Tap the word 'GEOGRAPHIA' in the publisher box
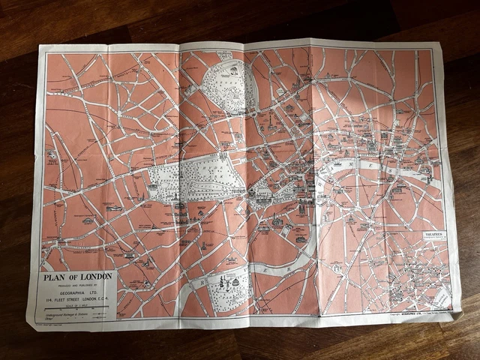(x=76, y=289)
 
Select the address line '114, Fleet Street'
(x=76, y=296)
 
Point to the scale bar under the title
(x=75, y=307)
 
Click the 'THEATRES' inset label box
(x=434, y=235)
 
